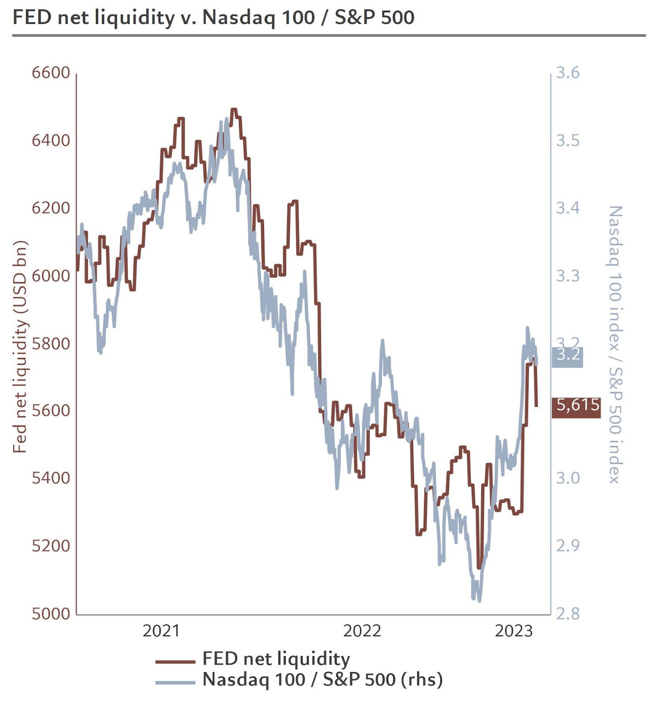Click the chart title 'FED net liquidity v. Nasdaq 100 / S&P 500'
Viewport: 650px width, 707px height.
pos(213,18)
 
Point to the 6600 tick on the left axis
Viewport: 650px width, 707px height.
pos(51,72)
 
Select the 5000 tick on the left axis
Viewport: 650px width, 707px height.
pos(51,613)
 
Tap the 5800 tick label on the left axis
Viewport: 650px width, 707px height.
pos(51,343)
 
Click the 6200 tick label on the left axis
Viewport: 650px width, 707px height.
pos(51,208)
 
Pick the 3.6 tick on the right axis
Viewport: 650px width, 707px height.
pos(567,72)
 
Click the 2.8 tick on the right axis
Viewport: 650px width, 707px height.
pos(567,613)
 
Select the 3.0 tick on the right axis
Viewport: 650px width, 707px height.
pos(567,478)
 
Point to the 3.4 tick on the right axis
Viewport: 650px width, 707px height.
pos(567,208)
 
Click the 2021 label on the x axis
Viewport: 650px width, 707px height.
pos(161,631)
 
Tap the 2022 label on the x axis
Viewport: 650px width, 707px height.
pos(362,631)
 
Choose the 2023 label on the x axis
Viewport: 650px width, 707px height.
pos(514,631)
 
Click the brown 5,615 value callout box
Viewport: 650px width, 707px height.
pos(576,407)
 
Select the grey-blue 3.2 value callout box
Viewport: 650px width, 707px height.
pos(567,357)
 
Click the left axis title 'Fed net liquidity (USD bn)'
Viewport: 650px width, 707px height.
pos(20,347)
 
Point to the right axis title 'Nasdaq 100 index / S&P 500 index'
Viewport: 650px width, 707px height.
pos(615,345)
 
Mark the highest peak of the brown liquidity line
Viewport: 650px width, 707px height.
pos(234,109)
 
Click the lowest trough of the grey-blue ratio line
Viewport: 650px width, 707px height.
pos(479,600)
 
